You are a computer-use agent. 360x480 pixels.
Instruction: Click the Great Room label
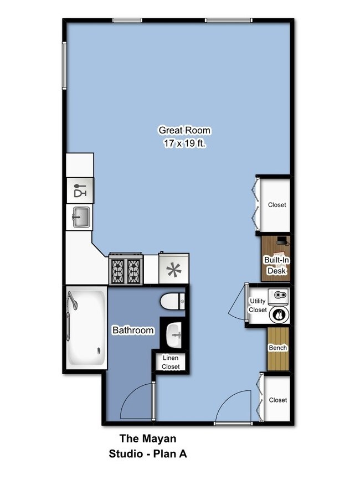coord(184,131)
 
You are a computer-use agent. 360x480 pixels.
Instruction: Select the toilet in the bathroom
coord(172,302)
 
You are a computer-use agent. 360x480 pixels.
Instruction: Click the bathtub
coord(86,329)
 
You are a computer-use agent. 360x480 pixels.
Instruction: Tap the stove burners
coord(126,270)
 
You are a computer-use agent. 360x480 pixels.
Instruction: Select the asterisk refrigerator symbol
coord(174,270)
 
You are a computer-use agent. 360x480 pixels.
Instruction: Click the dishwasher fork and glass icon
coord(80,190)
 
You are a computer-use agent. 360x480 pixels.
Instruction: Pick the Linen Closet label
coord(171,362)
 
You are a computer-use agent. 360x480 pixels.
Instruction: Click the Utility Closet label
coord(258,305)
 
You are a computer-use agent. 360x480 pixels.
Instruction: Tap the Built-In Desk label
coord(276,266)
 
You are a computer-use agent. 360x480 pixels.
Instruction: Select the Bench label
coord(277,348)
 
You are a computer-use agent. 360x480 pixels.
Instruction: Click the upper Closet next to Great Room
coord(277,204)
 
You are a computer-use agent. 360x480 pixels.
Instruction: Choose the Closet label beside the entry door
coord(277,400)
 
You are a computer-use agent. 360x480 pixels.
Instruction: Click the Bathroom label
coord(133,331)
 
